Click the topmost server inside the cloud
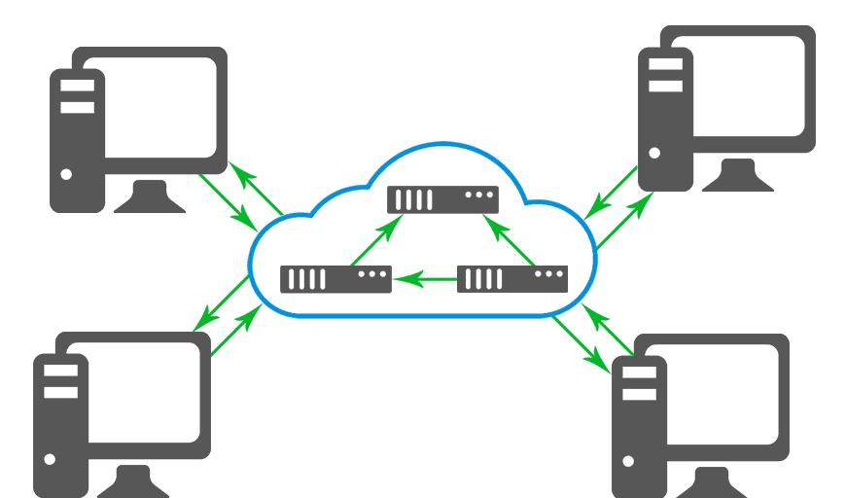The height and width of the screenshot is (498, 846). coord(442,199)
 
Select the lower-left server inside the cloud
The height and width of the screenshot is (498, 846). coord(335,279)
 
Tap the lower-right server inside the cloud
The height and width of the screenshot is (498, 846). coord(511,279)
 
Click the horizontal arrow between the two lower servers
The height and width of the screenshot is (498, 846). coord(428,280)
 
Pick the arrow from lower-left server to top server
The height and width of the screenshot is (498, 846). coord(375,240)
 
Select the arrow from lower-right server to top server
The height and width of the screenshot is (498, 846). coord(510,240)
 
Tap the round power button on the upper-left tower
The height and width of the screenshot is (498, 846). coord(66,175)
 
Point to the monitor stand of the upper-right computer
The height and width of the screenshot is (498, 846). coord(737,175)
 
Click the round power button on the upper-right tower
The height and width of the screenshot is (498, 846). coord(654,153)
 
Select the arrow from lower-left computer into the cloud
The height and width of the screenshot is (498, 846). coord(236,332)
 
